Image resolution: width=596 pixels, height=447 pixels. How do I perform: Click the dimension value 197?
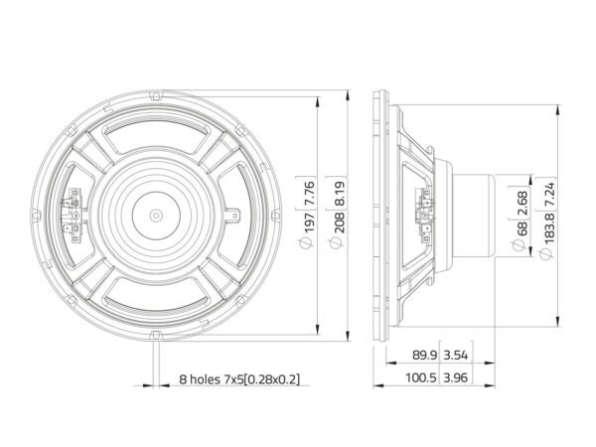tap(309, 223)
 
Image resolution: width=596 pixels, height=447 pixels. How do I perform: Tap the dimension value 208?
tap(339, 223)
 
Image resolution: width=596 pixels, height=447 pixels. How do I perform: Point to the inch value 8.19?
tap(339, 194)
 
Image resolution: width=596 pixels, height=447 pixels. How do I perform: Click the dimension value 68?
tap(521, 228)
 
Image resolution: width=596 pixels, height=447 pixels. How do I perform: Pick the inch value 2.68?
tap(521, 203)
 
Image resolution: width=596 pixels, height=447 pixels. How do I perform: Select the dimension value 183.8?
tap(549, 228)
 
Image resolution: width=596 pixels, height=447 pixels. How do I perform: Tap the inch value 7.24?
tap(549, 196)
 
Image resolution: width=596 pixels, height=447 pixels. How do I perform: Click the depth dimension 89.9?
tap(424, 355)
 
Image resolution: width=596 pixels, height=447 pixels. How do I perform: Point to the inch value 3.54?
tap(455, 355)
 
